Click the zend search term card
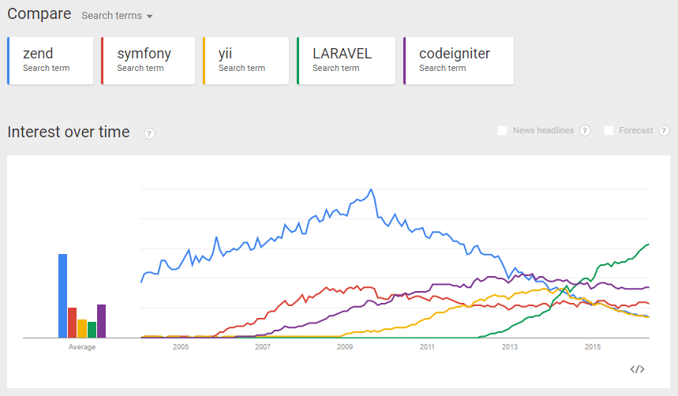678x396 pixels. point(50,60)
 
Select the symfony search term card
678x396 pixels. point(148,60)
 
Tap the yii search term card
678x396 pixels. point(245,60)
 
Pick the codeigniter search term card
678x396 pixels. point(458,60)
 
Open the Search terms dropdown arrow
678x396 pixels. point(149,17)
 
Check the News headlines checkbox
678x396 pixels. point(503,131)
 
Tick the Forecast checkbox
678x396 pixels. point(609,131)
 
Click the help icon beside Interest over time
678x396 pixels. point(150,133)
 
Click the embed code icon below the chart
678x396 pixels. point(638,368)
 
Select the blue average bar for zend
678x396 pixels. point(62,296)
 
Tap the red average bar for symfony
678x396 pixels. point(72,323)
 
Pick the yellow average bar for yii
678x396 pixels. point(82,328)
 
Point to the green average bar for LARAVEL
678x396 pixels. point(92,330)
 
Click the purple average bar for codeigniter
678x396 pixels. point(101,321)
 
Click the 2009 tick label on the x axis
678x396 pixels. point(345,347)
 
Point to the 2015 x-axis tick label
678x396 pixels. point(592,347)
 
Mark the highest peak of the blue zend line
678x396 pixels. point(371,190)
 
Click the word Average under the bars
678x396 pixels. point(82,347)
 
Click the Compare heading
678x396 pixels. point(39,14)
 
